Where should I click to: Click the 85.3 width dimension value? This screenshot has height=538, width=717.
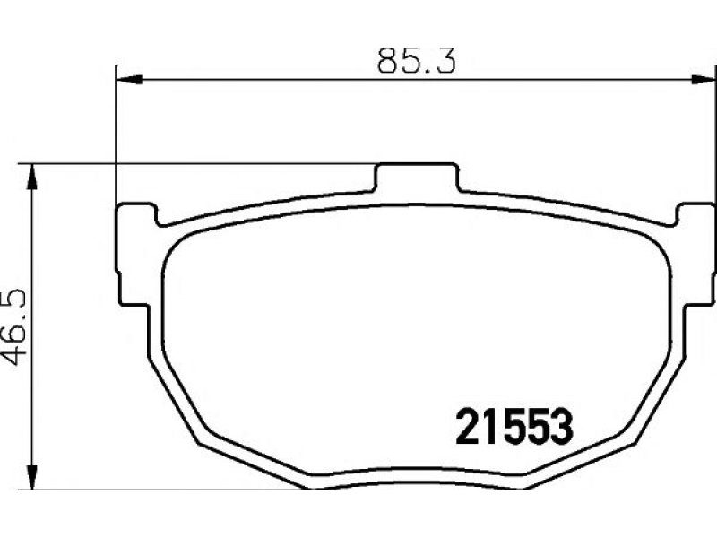pos(417,61)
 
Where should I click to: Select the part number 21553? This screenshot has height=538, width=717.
pos(514,428)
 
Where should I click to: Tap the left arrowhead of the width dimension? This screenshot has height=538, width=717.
pos(130,80)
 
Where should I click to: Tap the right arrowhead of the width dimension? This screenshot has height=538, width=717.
pos(704,80)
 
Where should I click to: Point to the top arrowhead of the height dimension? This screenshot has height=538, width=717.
pos(31,177)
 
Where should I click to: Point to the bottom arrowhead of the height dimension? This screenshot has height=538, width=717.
pos(31,477)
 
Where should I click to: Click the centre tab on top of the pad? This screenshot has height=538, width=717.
pos(416,177)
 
